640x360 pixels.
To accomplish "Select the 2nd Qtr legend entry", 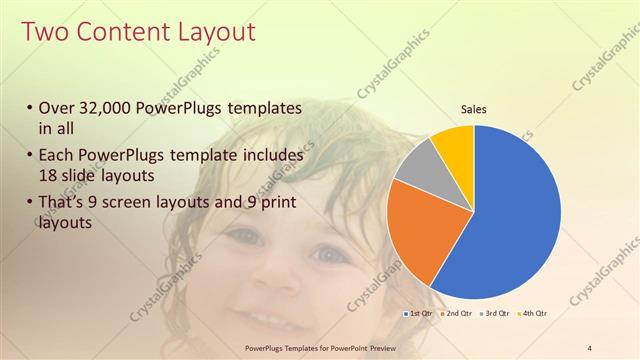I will click(x=457, y=313).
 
